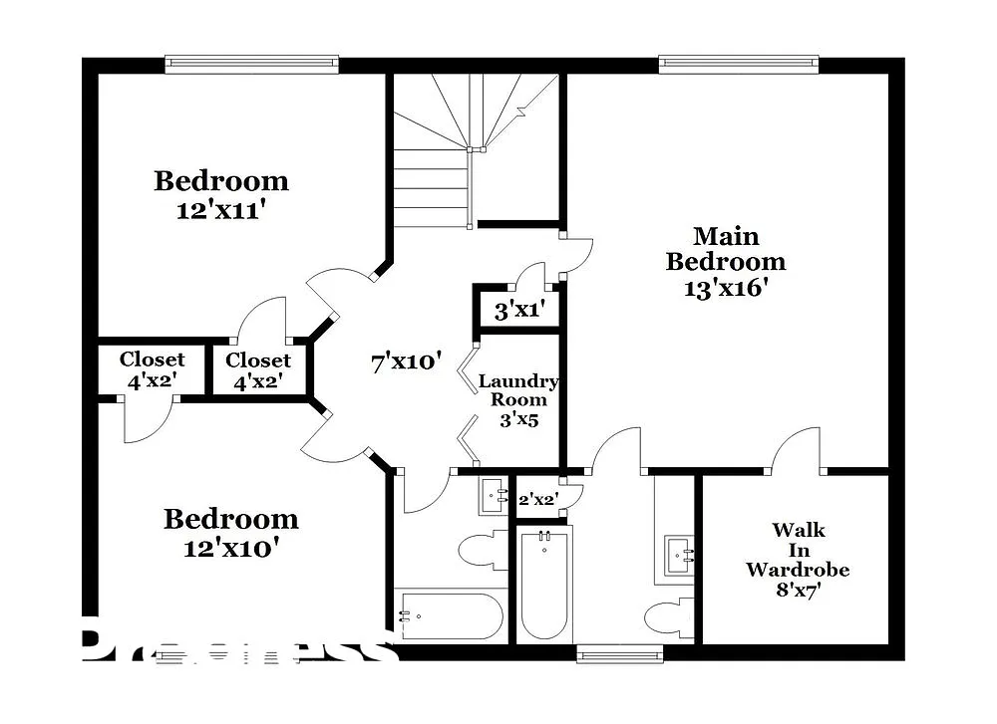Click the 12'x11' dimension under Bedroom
pos(221,211)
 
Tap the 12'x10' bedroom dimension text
pos(229,547)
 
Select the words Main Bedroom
pos(726,249)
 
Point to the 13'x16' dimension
pos(726,288)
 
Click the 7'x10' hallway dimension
pos(406,362)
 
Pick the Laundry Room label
pos(518,390)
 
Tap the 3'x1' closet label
pos(518,310)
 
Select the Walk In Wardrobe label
pos(798,551)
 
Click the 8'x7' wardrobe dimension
pos(798,591)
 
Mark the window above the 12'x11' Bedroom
pos(251,64)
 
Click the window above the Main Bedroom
pos(739,64)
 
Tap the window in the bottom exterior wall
pos(619,654)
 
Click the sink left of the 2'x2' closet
pos(494,495)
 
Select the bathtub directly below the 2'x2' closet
pos(544,585)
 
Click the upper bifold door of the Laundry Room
pos(467,365)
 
